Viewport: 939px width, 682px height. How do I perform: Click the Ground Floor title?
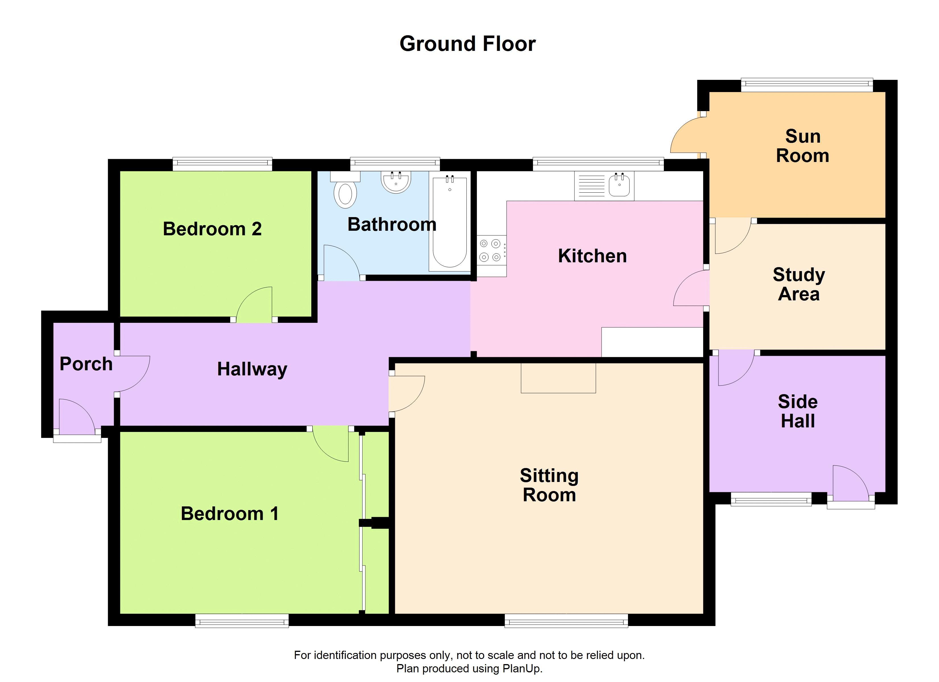(468, 44)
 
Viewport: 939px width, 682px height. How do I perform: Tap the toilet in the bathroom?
(345, 190)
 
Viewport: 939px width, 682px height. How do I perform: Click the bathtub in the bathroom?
(450, 221)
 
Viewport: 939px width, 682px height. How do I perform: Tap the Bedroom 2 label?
(212, 229)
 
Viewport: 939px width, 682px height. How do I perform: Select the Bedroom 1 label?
(230, 514)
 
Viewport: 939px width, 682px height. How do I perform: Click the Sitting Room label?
(549, 485)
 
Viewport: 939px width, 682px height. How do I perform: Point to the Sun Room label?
(803, 146)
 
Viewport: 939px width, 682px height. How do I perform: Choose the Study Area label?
(799, 284)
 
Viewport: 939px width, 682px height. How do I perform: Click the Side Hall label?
(798, 411)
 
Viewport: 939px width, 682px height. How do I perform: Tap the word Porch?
(86, 364)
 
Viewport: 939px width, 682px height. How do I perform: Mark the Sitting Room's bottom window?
(566, 620)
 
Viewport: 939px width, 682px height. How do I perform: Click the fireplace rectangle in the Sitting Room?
(558, 378)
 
